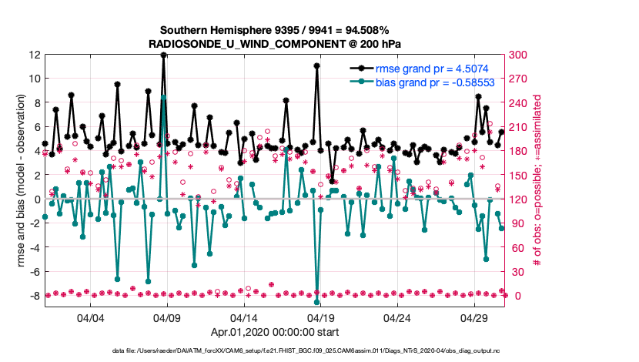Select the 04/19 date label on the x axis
[x=320, y=317]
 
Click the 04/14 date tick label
[x=244, y=317]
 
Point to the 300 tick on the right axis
[x=517, y=55]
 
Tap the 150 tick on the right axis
[x=517, y=175]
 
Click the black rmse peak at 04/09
[x=163, y=55]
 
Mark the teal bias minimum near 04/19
[x=317, y=280]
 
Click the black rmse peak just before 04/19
[x=317, y=66]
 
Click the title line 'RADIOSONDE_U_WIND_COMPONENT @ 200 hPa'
[x=275, y=44]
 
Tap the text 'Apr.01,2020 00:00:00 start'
[x=275, y=333]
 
